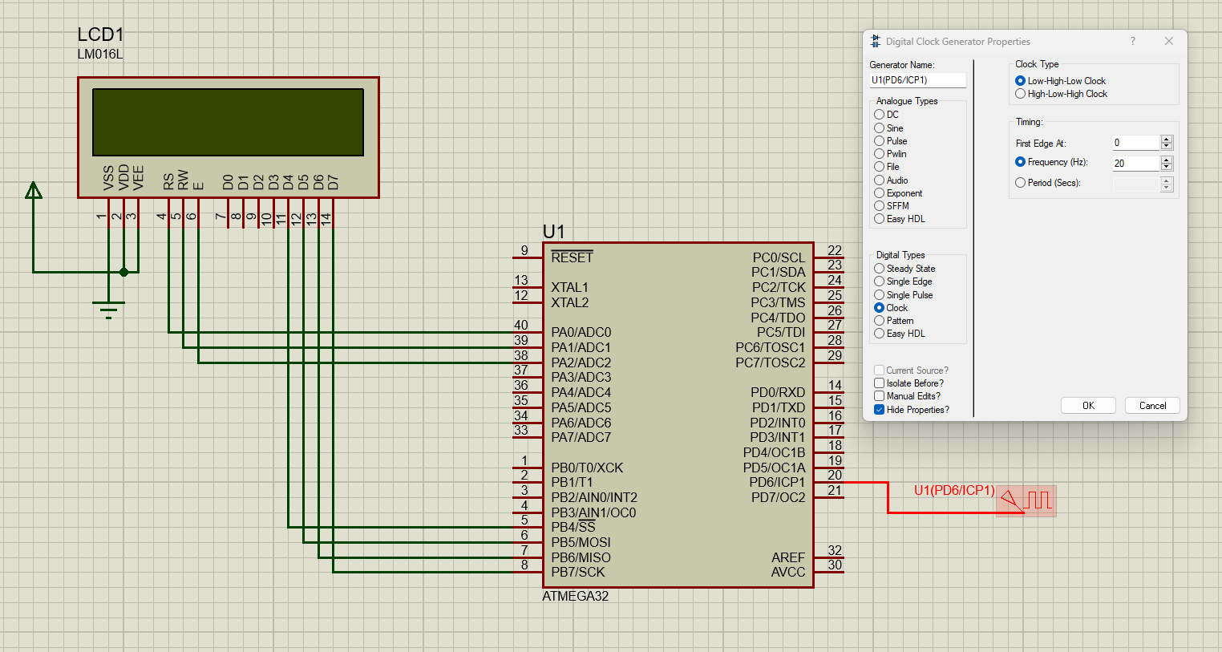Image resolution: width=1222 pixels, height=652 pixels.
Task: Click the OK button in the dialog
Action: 1087,406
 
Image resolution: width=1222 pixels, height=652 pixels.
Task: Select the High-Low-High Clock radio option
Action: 1020,94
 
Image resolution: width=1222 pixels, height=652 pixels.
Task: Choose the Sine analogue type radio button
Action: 879,128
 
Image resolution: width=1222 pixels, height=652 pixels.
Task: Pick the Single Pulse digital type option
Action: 879,295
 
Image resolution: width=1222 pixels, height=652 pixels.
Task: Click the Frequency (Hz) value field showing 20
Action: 1135,164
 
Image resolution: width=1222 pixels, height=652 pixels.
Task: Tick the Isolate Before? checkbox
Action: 879,383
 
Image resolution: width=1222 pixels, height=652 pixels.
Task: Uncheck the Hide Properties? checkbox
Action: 879,410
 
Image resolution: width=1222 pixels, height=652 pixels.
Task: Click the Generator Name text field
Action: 916,80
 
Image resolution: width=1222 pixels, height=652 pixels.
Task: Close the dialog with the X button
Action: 1168,41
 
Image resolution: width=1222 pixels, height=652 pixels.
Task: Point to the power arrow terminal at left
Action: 34,191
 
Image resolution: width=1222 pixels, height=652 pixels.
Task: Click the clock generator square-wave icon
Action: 1038,500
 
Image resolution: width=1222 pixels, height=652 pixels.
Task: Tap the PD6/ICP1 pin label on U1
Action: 776,482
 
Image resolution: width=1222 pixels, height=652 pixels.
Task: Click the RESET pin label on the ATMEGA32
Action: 572,257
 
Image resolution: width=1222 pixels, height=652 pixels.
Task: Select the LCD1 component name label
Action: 100,34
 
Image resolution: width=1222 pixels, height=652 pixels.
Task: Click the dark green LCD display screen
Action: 228,122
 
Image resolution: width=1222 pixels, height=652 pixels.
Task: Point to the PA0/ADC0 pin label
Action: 581,332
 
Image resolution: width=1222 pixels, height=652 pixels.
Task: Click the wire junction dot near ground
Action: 123,272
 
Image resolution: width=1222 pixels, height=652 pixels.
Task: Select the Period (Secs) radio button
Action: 1020,183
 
